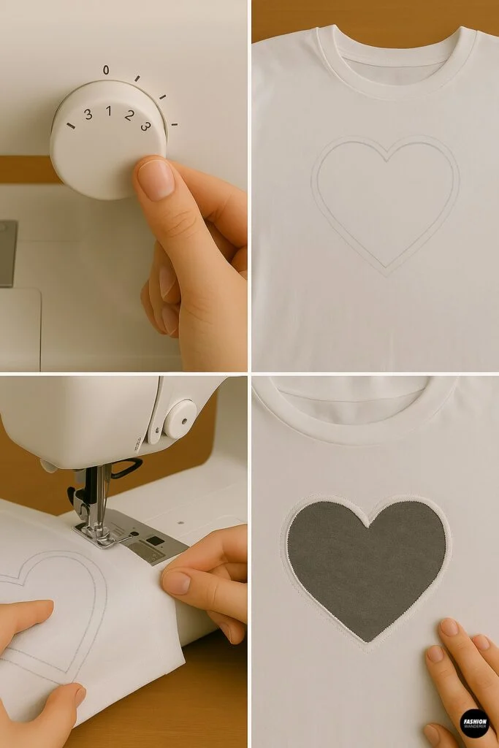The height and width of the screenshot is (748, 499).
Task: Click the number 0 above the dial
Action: click(x=106, y=70)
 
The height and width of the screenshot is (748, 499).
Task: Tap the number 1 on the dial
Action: click(x=108, y=111)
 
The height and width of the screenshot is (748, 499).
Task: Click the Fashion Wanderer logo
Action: click(x=474, y=722)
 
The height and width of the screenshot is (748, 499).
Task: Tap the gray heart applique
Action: click(x=365, y=566)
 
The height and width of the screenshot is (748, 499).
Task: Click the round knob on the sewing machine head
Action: click(x=179, y=419)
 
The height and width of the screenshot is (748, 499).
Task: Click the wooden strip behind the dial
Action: click(x=29, y=169)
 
